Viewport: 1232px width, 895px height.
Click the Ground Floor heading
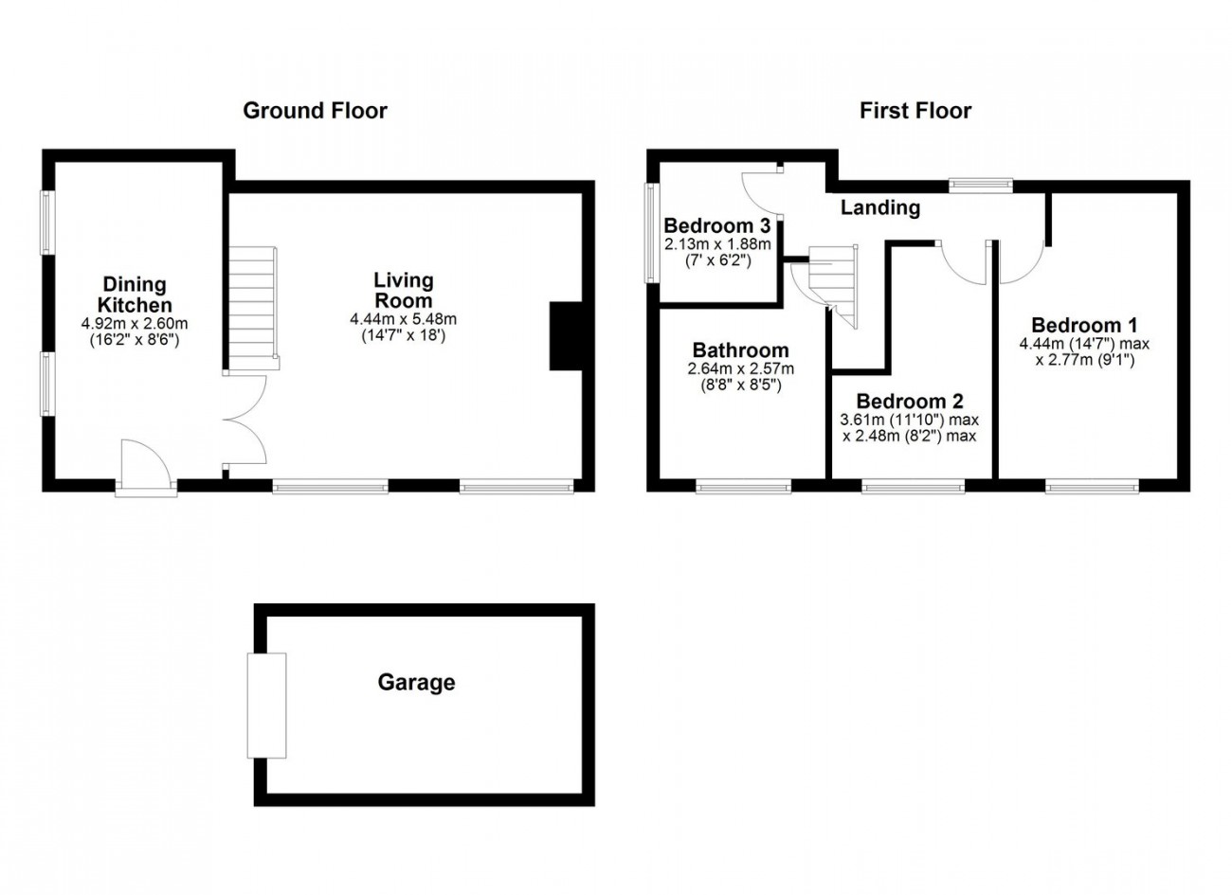pyautogui.click(x=315, y=111)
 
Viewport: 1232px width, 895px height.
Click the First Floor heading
pyautogui.click(x=915, y=111)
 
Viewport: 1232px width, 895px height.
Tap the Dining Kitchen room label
pyautogui.click(x=137, y=295)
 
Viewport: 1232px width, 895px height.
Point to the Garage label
pyautogui.click(x=416, y=682)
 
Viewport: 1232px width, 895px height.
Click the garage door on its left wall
pyautogui.click(x=266, y=705)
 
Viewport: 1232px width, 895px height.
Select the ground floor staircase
pyautogui.click(x=252, y=308)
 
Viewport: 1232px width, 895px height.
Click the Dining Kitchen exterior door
pyautogui.click(x=146, y=469)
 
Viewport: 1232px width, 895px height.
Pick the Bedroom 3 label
pyautogui.click(x=717, y=226)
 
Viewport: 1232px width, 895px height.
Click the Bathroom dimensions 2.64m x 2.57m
pyautogui.click(x=740, y=369)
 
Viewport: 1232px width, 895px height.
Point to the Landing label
pyautogui.click(x=880, y=207)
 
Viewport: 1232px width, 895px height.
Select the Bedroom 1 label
pyautogui.click(x=1084, y=323)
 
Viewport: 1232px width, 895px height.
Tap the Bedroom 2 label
pyautogui.click(x=910, y=401)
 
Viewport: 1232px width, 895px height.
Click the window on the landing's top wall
pyautogui.click(x=982, y=186)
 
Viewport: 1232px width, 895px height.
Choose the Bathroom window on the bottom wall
pyautogui.click(x=743, y=487)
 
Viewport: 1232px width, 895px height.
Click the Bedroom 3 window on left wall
pyautogui.click(x=652, y=232)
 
